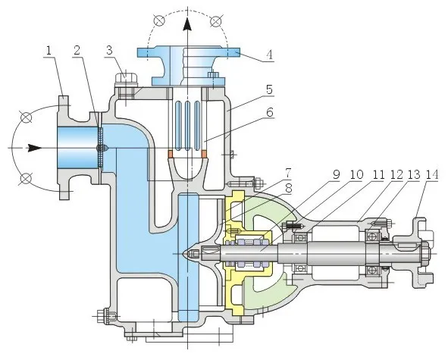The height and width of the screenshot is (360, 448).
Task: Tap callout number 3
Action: pos(110,51)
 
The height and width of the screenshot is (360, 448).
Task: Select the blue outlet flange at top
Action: pos(190,55)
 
